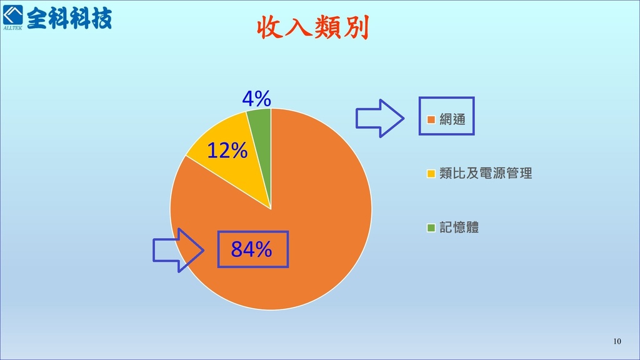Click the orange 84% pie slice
point(310,229)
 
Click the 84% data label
point(251,249)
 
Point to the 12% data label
point(227,150)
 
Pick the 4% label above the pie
point(257,98)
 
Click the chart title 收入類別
point(313,27)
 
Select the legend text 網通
point(452,119)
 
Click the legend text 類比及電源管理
point(486,173)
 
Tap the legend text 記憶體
point(459,227)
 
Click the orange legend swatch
point(431,119)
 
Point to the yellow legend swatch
point(431,174)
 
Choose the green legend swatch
point(431,227)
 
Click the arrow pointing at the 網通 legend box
point(380,118)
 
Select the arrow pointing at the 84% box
point(178,250)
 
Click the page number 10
point(617,341)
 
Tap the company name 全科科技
point(69,18)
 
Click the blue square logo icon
point(13,15)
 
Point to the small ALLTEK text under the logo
point(12,28)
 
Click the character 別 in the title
point(356,27)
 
